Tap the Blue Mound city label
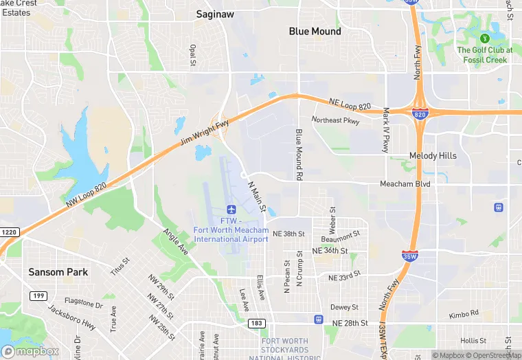pyautogui.click(x=315, y=32)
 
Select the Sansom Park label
pyautogui.click(x=58, y=272)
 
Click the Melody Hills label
pyautogui.click(x=433, y=156)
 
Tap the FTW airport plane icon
pyautogui.click(x=231, y=209)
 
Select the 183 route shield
pyautogui.click(x=256, y=322)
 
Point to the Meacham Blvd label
pyautogui.click(x=405, y=184)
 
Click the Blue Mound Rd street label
pyautogui.click(x=299, y=155)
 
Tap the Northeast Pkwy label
pyautogui.click(x=335, y=120)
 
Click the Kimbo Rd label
pyautogui.click(x=464, y=314)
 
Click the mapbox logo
pyautogui.click(x=30, y=351)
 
